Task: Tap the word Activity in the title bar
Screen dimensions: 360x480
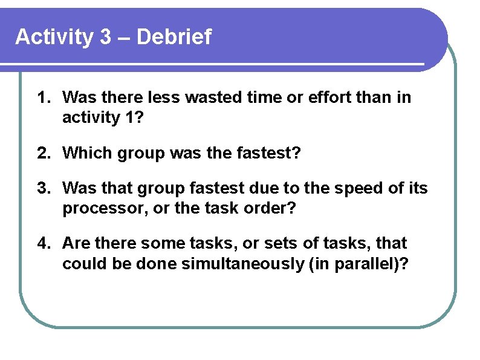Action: (x=54, y=38)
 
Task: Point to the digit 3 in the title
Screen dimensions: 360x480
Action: (x=105, y=38)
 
